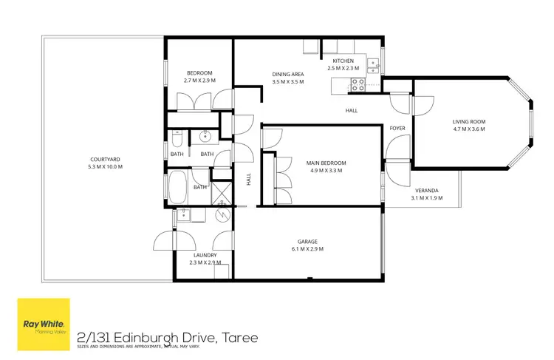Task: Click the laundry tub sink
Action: coord(182,215)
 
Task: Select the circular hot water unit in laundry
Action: coord(222,216)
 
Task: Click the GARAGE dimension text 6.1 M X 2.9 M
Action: coord(307,249)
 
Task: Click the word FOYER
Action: coord(397,128)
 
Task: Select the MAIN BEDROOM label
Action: coord(326,163)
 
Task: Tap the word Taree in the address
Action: coord(239,338)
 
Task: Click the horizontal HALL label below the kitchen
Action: coord(352,110)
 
